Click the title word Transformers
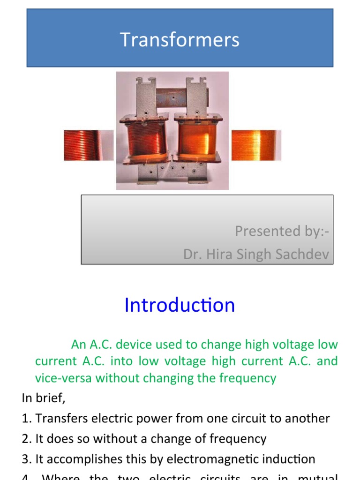point(180,40)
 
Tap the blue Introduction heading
point(180,306)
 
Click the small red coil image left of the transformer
point(88,145)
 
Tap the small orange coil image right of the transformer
point(256,145)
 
